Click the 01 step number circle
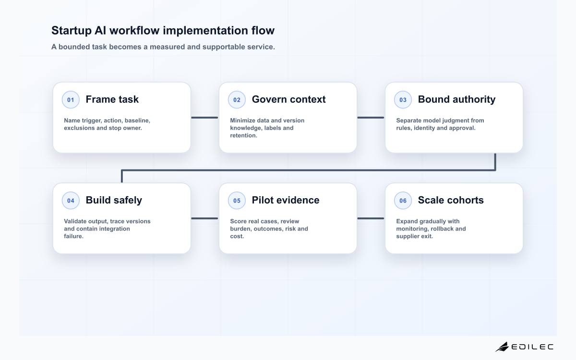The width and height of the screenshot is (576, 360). [x=71, y=99]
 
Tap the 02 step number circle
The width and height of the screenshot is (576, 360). [x=237, y=99]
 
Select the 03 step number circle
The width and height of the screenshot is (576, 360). [x=403, y=99]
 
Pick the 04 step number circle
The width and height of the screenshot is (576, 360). [x=71, y=200]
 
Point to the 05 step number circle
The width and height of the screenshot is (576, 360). [x=237, y=200]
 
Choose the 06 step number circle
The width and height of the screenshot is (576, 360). [x=403, y=200]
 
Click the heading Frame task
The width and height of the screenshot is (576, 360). [x=112, y=99]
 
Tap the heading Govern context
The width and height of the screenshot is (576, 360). [x=288, y=99]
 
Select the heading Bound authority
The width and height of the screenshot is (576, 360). [x=456, y=99]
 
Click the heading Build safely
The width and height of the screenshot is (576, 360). [x=114, y=200]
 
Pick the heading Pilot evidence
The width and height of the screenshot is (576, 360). [x=286, y=200]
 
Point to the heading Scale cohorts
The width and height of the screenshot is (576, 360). [x=451, y=200]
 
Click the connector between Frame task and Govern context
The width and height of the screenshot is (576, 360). [x=204, y=118]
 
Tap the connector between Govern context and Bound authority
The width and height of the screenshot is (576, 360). [x=371, y=118]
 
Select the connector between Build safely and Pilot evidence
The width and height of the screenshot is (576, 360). [x=204, y=218]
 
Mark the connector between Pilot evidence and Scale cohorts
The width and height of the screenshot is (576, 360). [x=371, y=218]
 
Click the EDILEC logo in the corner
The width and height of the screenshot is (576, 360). [x=524, y=347]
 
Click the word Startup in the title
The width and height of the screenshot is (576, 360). [x=72, y=31]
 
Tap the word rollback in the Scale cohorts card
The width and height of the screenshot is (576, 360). [x=444, y=228]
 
